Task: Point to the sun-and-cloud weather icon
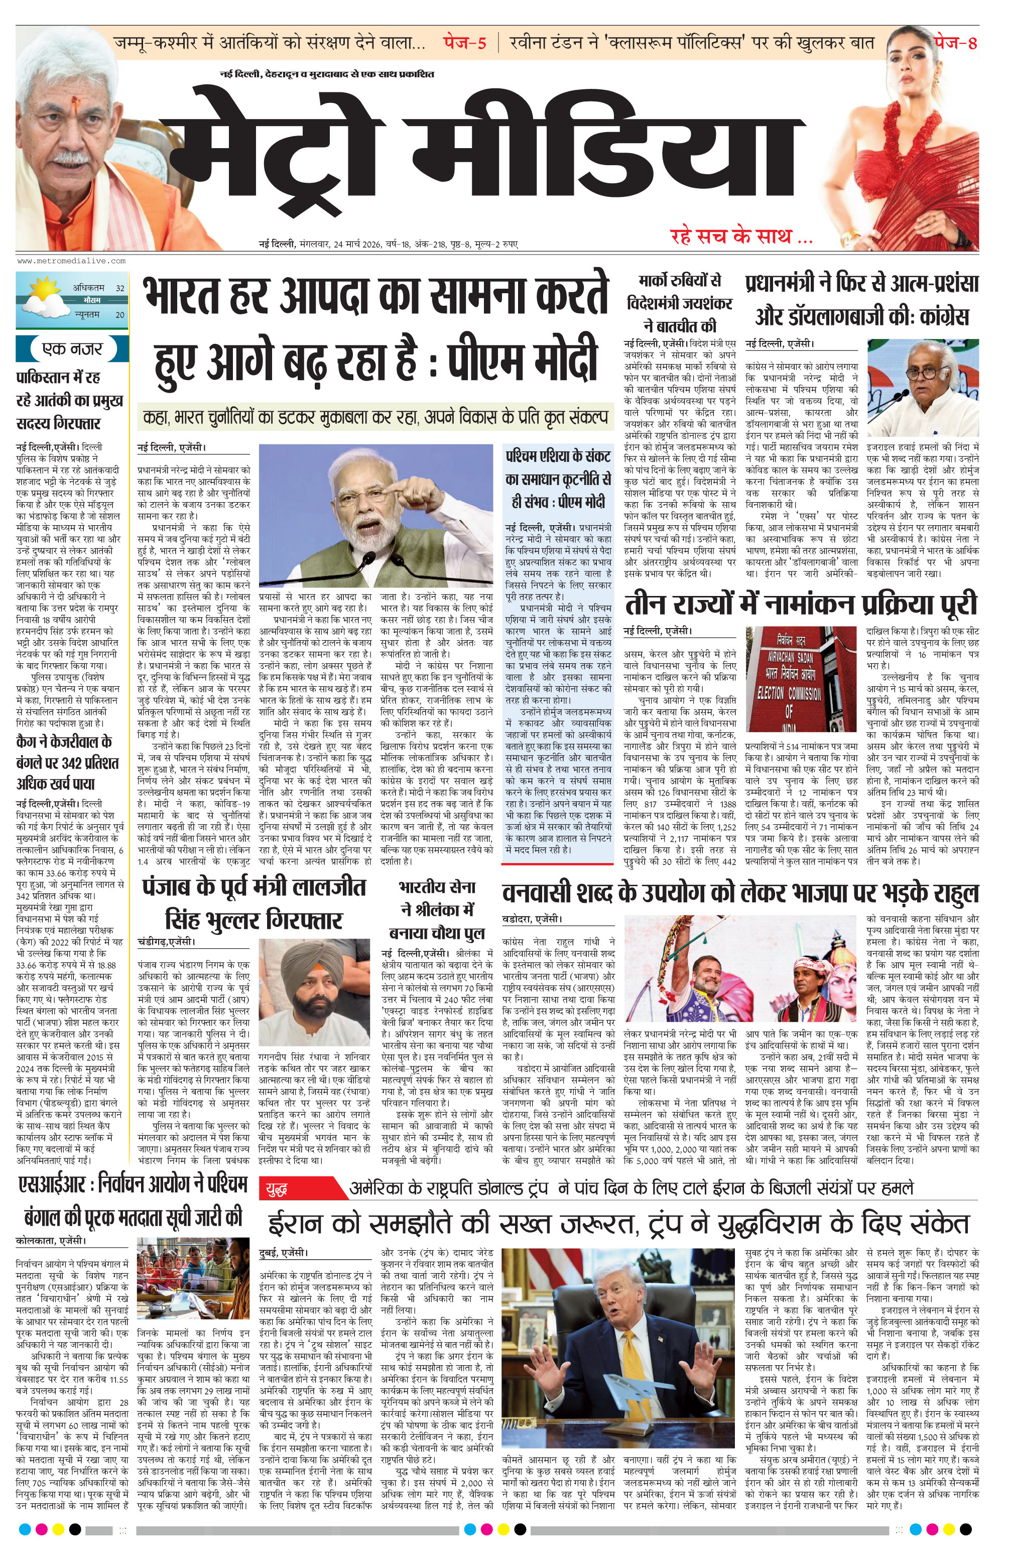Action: [x=43, y=298]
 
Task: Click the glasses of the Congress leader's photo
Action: [x=926, y=372]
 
